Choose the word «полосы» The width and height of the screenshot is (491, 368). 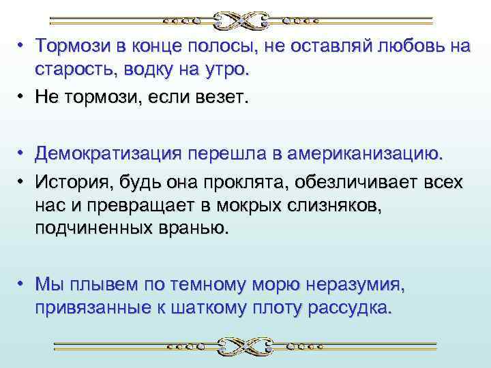click(230, 46)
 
